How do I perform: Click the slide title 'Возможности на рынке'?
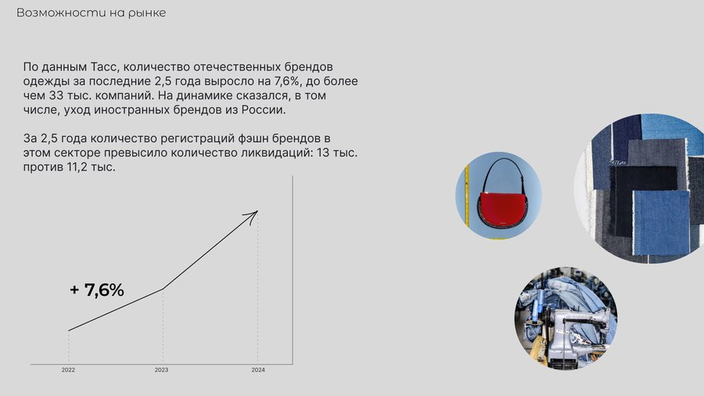(x=92, y=13)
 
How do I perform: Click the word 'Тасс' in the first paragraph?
(x=104, y=67)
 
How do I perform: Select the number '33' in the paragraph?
(x=56, y=95)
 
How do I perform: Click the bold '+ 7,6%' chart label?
(x=97, y=290)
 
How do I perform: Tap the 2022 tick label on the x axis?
(x=68, y=370)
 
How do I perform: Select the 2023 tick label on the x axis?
(x=162, y=370)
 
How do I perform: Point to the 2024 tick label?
(x=258, y=370)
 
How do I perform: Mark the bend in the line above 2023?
(x=163, y=289)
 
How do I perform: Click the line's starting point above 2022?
(x=69, y=331)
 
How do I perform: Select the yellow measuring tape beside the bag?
(x=468, y=196)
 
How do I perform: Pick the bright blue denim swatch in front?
(x=661, y=223)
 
